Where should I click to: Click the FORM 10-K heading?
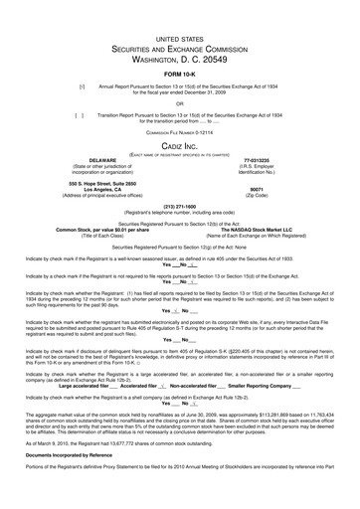coord(179,75)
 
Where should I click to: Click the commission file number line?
coord(179,131)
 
